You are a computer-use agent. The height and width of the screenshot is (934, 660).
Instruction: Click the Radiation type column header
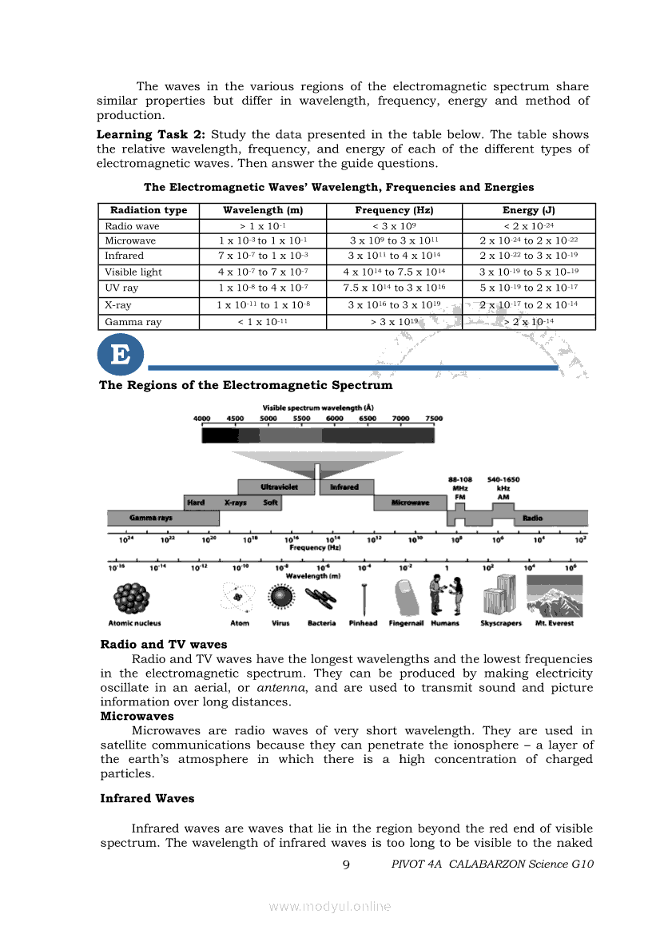pyautogui.click(x=149, y=210)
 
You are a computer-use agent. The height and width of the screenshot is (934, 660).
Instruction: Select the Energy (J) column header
pyautogui.click(x=528, y=210)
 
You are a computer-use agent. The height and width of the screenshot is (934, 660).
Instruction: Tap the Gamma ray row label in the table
pyautogui.click(x=133, y=322)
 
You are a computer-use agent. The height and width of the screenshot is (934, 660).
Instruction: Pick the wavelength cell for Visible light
pyautogui.click(x=263, y=272)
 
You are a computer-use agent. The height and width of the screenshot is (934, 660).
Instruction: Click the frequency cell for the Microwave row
pyautogui.click(x=394, y=240)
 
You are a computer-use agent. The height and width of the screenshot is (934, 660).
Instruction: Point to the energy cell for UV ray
pyautogui.click(x=528, y=288)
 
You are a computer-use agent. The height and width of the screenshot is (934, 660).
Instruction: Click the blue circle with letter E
pyautogui.click(x=120, y=354)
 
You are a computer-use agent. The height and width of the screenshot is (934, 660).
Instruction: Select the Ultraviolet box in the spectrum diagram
pyautogui.click(x=276, y=487)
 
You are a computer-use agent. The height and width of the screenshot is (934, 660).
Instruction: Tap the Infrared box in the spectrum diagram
pyautogui.click(x=344, y=487)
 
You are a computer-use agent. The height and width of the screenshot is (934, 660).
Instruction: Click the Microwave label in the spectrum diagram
pyautogui.click(x=410, y=503)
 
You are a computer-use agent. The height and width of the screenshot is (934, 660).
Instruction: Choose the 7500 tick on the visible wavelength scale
pyautogui.click(x=433, y=418)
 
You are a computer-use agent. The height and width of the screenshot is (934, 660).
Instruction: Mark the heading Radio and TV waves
pyautogui.click(x=163, y=644)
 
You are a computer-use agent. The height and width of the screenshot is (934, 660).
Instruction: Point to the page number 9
pyautogui.click(x=345, y=864)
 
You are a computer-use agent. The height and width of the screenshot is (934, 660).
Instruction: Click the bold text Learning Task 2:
pyautogui.click(x=151, y=134)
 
